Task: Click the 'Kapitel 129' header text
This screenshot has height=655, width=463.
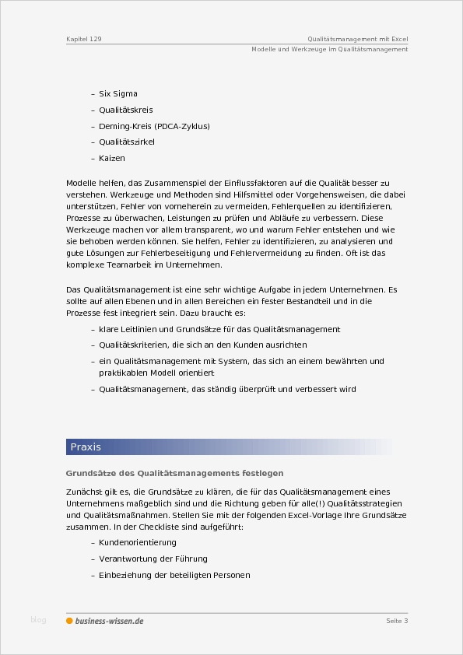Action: click(84, 38)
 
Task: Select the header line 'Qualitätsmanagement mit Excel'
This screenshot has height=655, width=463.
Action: click(357, 38)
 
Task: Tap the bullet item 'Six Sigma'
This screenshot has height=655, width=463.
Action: click(118, 93)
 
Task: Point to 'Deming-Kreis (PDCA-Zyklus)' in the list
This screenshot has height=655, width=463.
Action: click(154, 126)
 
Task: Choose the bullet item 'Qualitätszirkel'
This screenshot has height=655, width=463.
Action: click(127, 142)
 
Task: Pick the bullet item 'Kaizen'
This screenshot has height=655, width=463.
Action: click(112, 159)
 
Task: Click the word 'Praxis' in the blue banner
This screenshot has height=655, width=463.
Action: click(86, 447)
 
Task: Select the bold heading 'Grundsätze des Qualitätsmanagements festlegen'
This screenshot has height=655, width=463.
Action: click(174, 473)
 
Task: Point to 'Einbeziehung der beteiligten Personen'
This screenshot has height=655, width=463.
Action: click(174, 575)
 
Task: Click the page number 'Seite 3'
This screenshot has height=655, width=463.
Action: click(397, 621)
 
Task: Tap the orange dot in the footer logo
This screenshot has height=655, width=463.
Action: click(69, 621)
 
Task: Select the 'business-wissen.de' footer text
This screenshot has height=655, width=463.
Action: click(109, 621)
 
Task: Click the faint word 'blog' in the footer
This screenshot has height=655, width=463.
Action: click(38, 620)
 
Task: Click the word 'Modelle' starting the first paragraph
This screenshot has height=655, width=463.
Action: click(81, 181)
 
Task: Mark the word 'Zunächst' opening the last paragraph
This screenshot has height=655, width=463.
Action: click(85, 492)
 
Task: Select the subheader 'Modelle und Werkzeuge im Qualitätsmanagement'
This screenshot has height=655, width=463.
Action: click(330, 49)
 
